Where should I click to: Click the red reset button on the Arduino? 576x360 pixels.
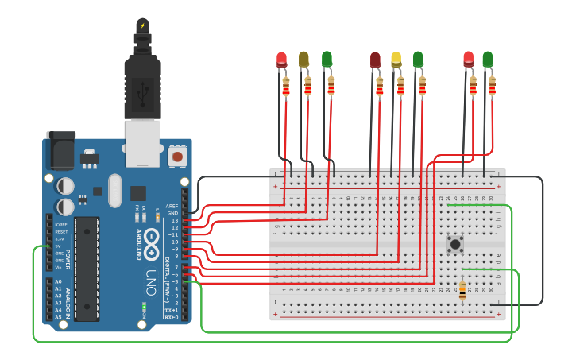[177, 156]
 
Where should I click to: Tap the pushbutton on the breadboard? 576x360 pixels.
[455, 244]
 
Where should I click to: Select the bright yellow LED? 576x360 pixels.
[396, 59]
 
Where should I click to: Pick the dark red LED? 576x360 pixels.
[375, 60]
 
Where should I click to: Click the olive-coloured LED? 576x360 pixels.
[303, 59]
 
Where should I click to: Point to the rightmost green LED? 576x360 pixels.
[488, 59]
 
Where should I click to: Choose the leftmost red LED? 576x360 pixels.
[281, 59]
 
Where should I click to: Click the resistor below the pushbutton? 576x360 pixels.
[462, 291]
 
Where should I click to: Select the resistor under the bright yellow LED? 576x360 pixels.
[400, 86]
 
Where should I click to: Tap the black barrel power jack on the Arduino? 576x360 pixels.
[60, 151]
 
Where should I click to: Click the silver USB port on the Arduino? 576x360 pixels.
[143, 143]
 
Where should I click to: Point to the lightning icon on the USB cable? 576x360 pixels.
[142, 25]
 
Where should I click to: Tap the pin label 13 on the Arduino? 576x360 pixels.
[174, 220]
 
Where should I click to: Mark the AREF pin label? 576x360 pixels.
[172, 206]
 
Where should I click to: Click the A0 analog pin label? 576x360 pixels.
[58, 281]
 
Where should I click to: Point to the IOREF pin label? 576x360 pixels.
[60, 224]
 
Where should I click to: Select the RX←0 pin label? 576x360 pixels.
[171, 317]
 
